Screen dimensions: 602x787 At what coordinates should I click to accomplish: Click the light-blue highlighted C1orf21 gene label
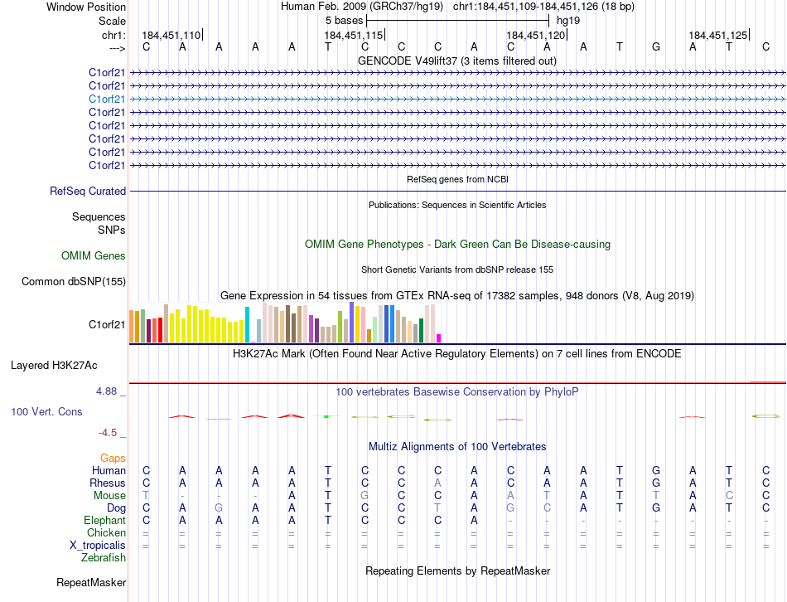click(x=107, y=99)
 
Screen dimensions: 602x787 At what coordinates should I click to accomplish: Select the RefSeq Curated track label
click(x=88, y=191)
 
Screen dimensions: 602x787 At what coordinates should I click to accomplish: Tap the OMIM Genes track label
click(x=94, y=256)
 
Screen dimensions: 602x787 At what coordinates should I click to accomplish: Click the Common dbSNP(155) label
click(x=74, y=281)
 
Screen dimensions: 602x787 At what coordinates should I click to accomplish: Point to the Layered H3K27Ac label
click(x=54, y=365)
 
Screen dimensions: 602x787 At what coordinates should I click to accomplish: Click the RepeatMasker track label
click(x=91, y=583)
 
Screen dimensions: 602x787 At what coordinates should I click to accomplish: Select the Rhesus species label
click(x=109, y=483)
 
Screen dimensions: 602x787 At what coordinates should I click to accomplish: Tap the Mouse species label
click(x=110, y=496)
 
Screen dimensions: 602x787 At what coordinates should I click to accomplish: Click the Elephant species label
click(x=105, y=521)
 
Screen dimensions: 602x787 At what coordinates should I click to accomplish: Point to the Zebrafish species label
click(x=104, y=558)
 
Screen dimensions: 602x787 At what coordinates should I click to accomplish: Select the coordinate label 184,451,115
click(x=354, y=36)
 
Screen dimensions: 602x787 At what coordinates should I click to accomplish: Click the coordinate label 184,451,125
click(x=718, y=36)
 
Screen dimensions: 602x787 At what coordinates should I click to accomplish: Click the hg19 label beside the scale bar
click(x=568, y=18)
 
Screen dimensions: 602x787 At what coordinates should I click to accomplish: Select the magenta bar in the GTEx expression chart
click(x=439, y=337)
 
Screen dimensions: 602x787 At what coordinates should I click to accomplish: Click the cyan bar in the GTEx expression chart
click(x=247, y=324)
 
